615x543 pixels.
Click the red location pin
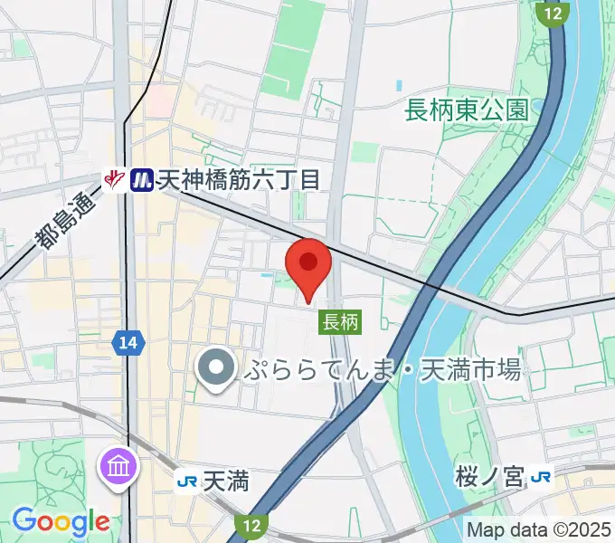(308, 263)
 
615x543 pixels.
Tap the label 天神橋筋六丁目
(239, 180)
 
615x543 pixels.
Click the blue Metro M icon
(141, 180)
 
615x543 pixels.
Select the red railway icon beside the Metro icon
(115, 180)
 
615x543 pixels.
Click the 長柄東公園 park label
(467, 110)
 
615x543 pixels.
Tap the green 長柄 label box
(341, 321)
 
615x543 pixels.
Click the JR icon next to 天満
(185, 481)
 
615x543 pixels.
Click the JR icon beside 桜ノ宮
(542, 477)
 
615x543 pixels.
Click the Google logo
(61, 521)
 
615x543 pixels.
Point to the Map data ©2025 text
(540, 529)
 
